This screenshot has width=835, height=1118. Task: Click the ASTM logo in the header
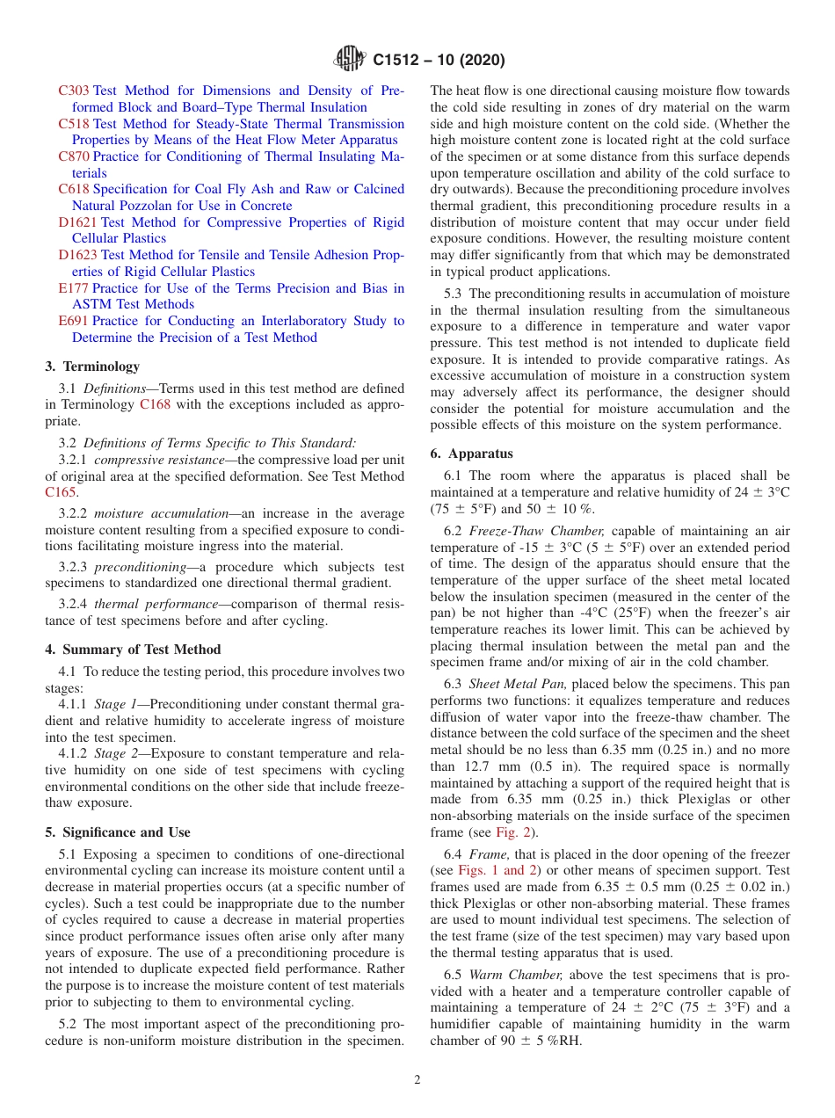coord(350,60)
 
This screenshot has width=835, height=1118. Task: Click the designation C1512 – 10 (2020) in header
coord(439,61)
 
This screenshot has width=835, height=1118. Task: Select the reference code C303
coord(74,91)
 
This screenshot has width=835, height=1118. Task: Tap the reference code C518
coord(74,124)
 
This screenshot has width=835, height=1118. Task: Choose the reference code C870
coord(74,156)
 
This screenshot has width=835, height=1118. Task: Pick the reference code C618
coord(74,189)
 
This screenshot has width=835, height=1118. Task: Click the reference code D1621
coord(77,222)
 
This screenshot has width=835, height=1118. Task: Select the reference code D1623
coord(77,255)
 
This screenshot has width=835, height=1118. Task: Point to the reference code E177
coord(73,288)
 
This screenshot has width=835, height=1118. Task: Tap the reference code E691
coord(73,321)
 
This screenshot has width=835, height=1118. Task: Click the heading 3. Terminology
coord(92,367)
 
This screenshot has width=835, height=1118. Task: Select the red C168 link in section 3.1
coord(156,404)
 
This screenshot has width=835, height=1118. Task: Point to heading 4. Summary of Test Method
coord(133,650)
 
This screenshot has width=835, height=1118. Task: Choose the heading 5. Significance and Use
coord(118,832)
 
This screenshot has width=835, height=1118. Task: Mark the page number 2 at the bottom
coord(417,1080)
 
